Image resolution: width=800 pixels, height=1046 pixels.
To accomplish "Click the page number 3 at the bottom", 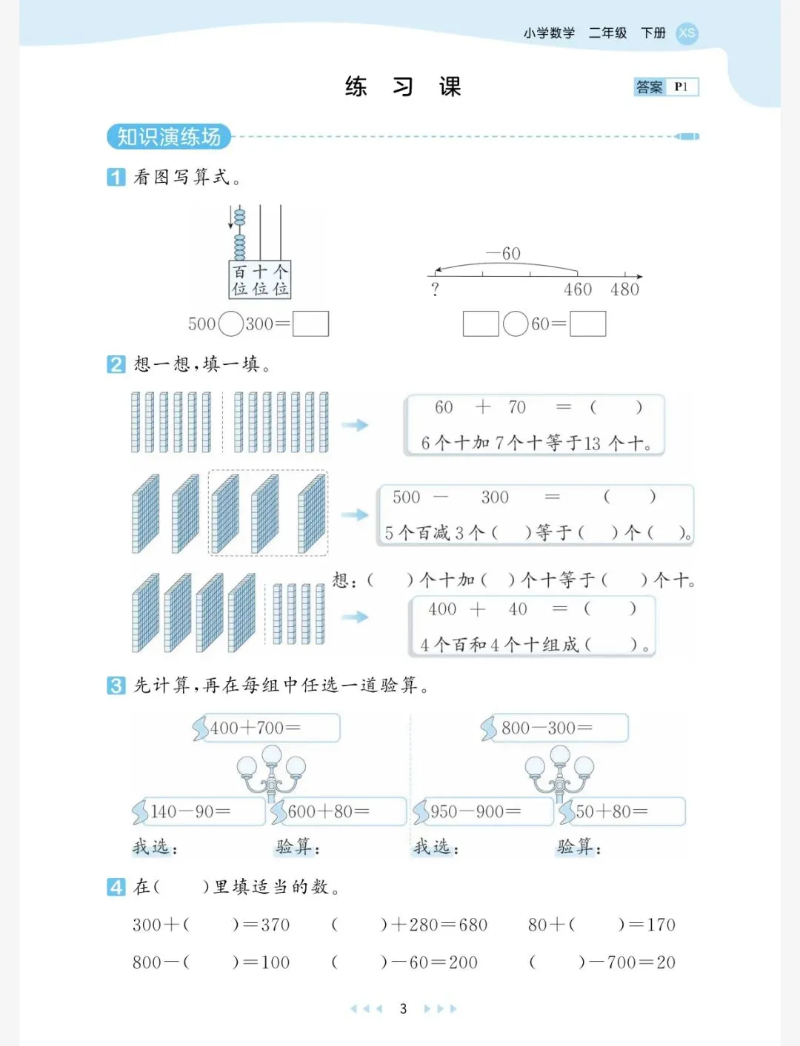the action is coord(403,1008).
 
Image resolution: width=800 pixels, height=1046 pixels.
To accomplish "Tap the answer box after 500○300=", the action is coord(310,323).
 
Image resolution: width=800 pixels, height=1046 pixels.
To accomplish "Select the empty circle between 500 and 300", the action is coord(231,323).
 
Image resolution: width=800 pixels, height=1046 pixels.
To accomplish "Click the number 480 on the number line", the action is coord(624,289).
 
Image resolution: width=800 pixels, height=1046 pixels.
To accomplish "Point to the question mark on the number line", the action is coord(435,289).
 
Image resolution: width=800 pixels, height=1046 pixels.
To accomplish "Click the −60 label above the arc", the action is coord(504,253).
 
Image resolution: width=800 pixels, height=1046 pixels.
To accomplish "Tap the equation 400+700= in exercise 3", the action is coord(255,728).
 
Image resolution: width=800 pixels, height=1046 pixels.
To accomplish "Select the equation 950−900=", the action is coord(476,811).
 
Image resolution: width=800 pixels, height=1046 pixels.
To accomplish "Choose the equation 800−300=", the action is coord(547,728).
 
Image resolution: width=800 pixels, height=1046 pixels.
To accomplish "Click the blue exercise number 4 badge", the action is coord(116,886).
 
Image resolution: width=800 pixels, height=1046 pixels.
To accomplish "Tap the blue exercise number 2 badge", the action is coord(116,364).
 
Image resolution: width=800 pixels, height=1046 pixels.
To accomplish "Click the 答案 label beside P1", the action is coord(650,87).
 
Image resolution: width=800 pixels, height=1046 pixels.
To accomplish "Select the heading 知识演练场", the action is coord(169,137).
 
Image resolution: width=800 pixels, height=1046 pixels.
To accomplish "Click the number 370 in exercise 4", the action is coord(274,925).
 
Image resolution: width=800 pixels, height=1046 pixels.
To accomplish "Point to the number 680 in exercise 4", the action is coord(473,925).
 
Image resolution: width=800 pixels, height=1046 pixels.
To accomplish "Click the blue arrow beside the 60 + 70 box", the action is coord(355,425).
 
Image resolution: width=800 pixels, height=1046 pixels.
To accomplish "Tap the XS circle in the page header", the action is coord(687,33).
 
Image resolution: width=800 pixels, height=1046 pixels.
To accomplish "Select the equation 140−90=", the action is coord(190,811).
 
